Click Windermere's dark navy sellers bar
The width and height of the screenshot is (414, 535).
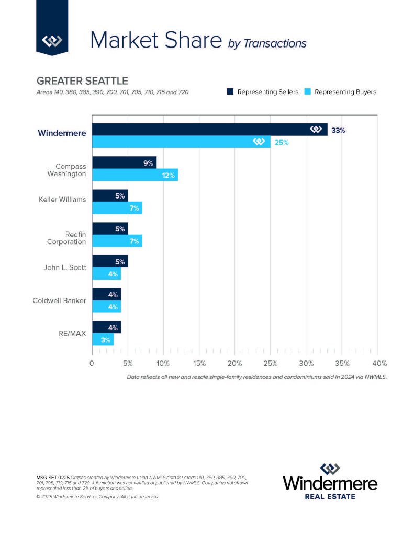pos(209,130)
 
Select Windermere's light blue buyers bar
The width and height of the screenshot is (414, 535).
pos(181,142)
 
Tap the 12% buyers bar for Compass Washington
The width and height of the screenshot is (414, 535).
pos(135,175)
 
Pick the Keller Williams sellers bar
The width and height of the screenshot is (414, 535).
pos(110,196)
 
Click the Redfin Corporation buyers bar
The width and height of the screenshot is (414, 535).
pos(117,241)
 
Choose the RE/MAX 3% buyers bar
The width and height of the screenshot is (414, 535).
pos(103,340)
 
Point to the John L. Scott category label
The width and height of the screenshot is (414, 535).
pos(64,268)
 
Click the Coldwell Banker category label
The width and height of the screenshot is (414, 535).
pos(59,301)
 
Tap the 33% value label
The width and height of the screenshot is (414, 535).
pos(338,130)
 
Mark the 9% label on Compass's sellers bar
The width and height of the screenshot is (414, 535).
pos(149,163)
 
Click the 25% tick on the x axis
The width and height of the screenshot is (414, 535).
pos(270,363)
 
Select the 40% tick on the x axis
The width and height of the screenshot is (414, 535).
pos(378,363)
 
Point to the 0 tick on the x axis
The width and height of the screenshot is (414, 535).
pos(92,363)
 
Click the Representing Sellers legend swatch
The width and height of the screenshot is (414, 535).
pos(230,92)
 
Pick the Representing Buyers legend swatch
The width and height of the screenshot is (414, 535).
pos(307,92)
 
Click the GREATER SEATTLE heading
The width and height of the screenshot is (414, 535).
pos(82,82)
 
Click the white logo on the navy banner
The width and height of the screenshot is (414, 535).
pos(52,40)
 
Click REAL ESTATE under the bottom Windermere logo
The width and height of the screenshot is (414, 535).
pos(330,496)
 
